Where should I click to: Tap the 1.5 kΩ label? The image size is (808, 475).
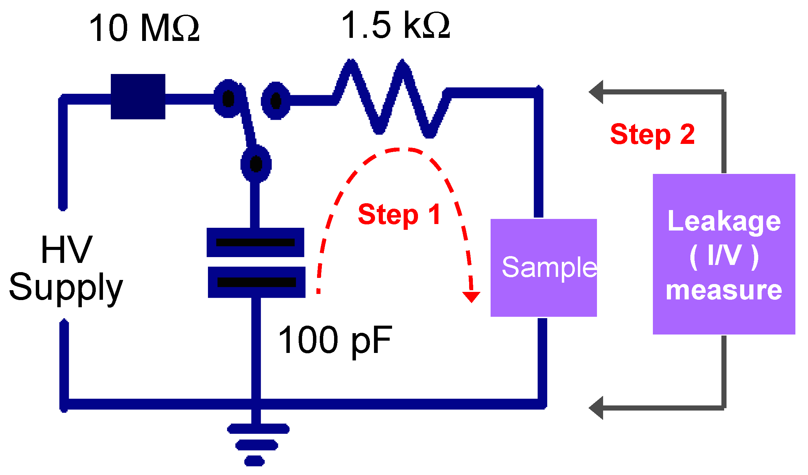tap(395, 25)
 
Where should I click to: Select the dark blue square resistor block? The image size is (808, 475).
tap(138, 97)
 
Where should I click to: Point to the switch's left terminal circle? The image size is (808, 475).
tap(228, 99)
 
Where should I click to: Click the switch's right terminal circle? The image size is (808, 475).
tap(275, 101)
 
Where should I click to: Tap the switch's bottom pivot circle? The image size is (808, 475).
tap(256, 164)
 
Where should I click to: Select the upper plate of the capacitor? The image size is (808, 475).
tap(255, 242)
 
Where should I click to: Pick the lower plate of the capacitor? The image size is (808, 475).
tap(256, 282)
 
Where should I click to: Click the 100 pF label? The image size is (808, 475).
tap(335, 340)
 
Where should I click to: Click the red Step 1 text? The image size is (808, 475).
tap(399, 214)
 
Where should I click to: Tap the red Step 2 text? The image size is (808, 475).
tap(652, 134)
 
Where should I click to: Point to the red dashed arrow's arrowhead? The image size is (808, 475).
tap(471, 296)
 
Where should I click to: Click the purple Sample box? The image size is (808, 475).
tap(543, 268)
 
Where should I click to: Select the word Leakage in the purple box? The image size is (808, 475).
tap(724, 222)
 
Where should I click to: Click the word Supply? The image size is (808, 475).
tap(65, 287)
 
